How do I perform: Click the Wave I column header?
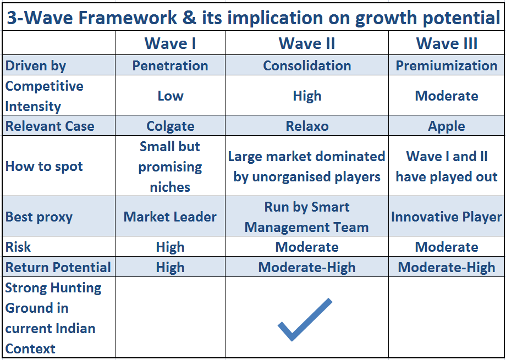(x=170, y=43)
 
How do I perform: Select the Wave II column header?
(x=307, y=43)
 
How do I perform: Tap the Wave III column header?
(x=447, y=43)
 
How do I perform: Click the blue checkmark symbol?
(x=305, y=319)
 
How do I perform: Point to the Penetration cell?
(x=170, y=65)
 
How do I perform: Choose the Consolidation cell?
(x=307, y=65)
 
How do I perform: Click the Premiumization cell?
(x=447, y=65)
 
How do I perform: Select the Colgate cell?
(x=170, y=126)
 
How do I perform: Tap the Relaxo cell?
(x=307, y=126)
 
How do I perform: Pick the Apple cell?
(x=447, y=126)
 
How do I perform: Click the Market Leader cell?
(x=170, y=217)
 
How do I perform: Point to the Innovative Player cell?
(x=447, y=217)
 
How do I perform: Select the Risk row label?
(x=18, y=247)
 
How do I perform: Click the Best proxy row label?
(x=38, y=217)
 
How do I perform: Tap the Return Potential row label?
(x=58, y=267)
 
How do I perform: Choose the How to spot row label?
(x=44, y=167)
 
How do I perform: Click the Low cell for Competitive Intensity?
(x=170, y=96)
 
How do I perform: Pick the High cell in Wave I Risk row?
(x=170, y=247)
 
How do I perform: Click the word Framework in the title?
(x=127, y=18)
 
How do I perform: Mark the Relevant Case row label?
(x=50, y=126)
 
